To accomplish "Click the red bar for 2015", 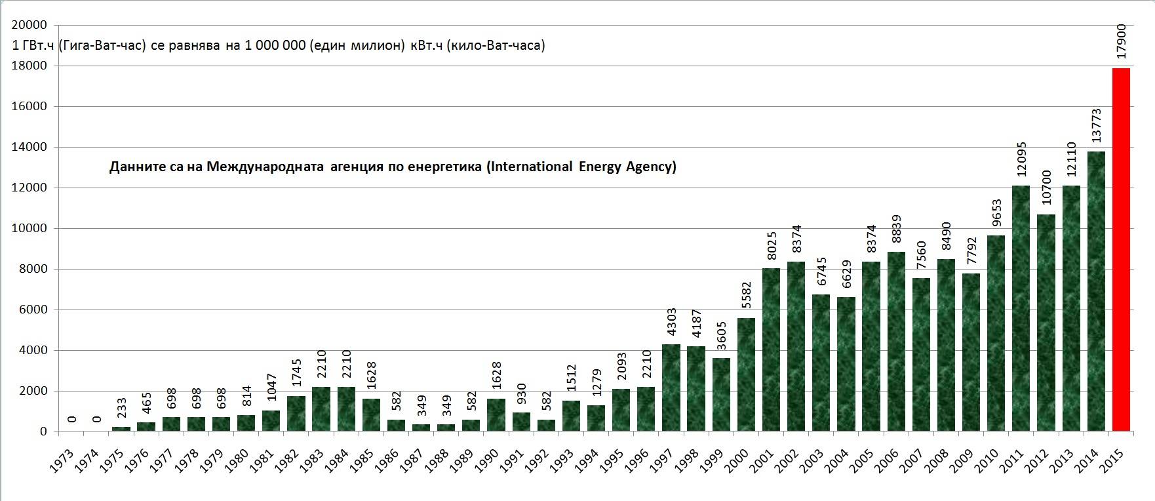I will pos(1121,249).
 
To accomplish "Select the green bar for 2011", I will pos(1021,308).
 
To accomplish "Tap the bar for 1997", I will pos(671,388).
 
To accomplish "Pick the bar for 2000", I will pos(746,374).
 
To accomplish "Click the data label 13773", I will pos(1096,126).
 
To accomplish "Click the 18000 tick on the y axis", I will pos(29,66).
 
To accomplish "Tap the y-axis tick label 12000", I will pos(29,188).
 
